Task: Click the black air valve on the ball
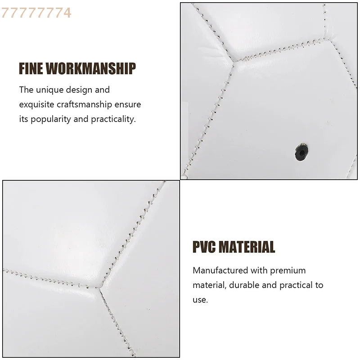coord(301,152)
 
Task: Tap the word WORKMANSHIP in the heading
coord(91,68)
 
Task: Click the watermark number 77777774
coord(36,13)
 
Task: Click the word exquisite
coord(36,104)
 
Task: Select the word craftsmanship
coord(84,104)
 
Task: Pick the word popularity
coord(51,119)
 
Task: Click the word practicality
coord(113,119)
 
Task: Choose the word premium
coord(288,271)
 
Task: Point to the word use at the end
coord(200,300)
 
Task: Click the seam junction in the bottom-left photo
coord(99,287)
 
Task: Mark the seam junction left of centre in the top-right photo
coord(234,62)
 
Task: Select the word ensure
coord(128,105)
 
